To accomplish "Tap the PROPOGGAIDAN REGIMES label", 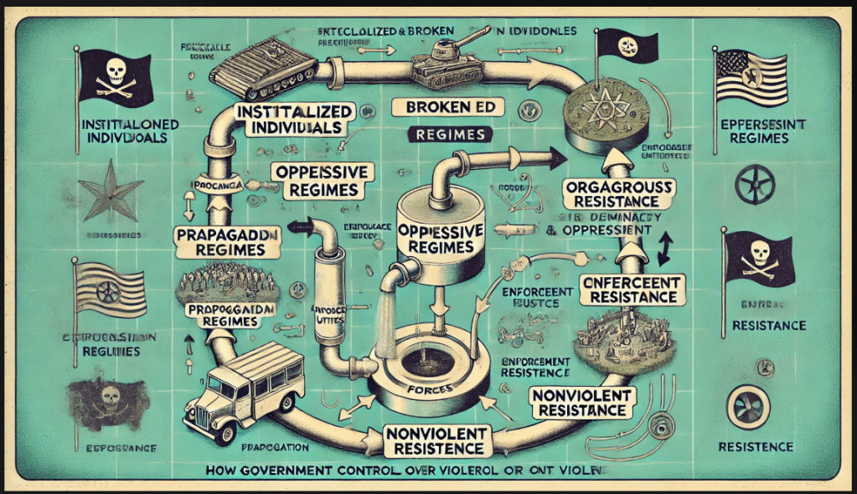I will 219,316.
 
